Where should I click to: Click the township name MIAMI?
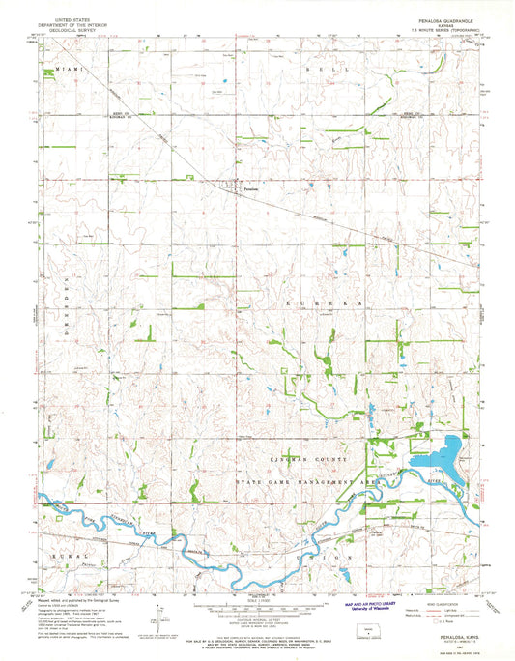coord(71,72)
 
